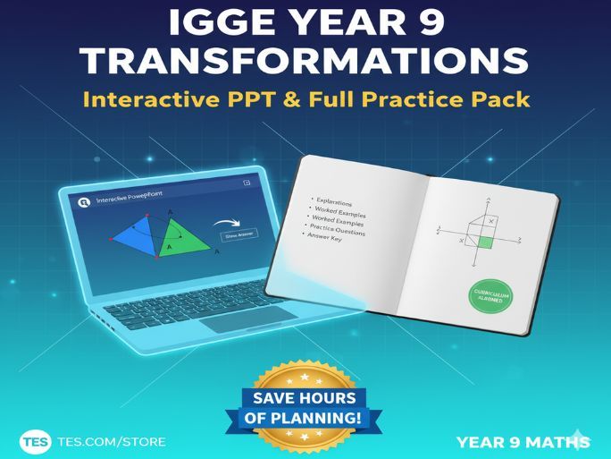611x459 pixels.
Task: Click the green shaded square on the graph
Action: click(485, 241)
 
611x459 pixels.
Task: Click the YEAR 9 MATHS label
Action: click(522, 441)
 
